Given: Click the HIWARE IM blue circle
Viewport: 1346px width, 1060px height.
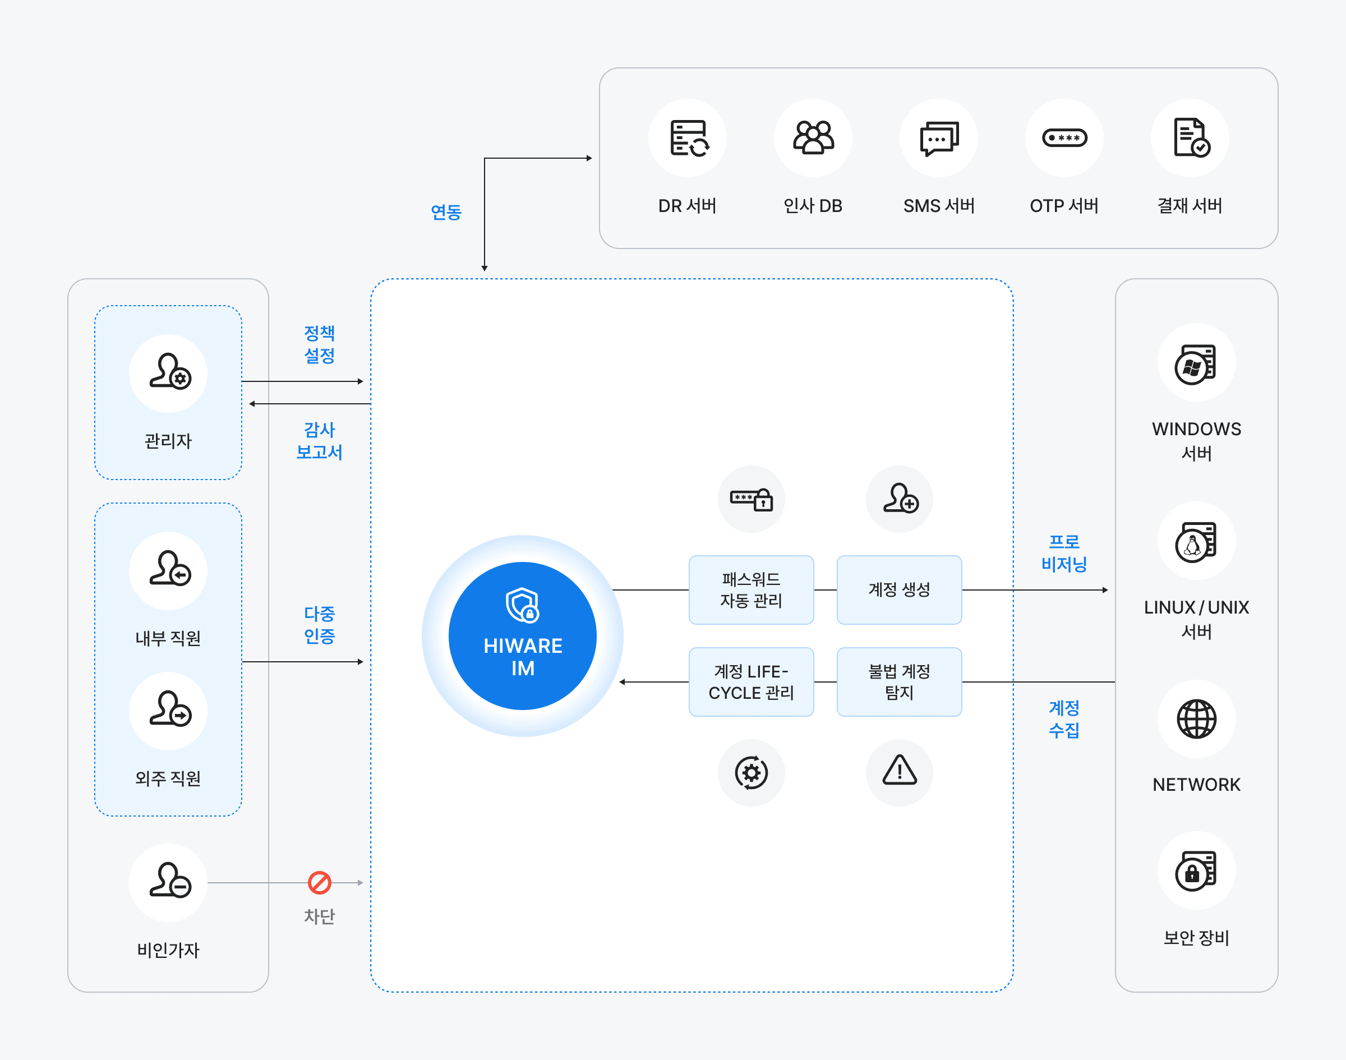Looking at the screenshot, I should tap(523, 635).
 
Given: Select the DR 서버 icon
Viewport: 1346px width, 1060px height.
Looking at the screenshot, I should tap(688, 138).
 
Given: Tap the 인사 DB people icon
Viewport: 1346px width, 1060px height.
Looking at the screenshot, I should tap(813, 138).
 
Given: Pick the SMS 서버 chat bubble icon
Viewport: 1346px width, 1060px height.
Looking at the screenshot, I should tap(939, 138).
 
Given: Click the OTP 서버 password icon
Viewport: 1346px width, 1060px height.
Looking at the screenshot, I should tap(1064, 138).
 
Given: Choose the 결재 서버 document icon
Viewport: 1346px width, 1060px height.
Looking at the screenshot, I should tap(1190, 138).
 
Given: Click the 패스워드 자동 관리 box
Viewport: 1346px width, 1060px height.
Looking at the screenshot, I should tap(751, 589).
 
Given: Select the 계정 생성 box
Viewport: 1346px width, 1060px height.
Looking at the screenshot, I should tap(899, 589).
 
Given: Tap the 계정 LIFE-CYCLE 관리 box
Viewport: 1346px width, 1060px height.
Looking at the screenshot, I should tap(751, 681).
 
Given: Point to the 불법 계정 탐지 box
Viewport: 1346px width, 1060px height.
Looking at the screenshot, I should tap(899, 681).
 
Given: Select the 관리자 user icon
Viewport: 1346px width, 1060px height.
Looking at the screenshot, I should tap(168, 373).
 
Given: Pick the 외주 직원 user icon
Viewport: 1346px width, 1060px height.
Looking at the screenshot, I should tap(168, 711).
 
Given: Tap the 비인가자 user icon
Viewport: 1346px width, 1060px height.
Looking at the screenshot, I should tap(168, 882).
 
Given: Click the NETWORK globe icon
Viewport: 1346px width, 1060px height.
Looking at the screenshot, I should tap(1196, 718).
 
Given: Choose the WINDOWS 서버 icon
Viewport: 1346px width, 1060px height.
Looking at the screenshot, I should tap(1196, 362).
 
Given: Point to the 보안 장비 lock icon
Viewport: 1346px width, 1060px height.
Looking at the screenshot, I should tap(1196, 870).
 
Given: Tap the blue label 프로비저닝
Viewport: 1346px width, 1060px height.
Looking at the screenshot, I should tap(1064, 553).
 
